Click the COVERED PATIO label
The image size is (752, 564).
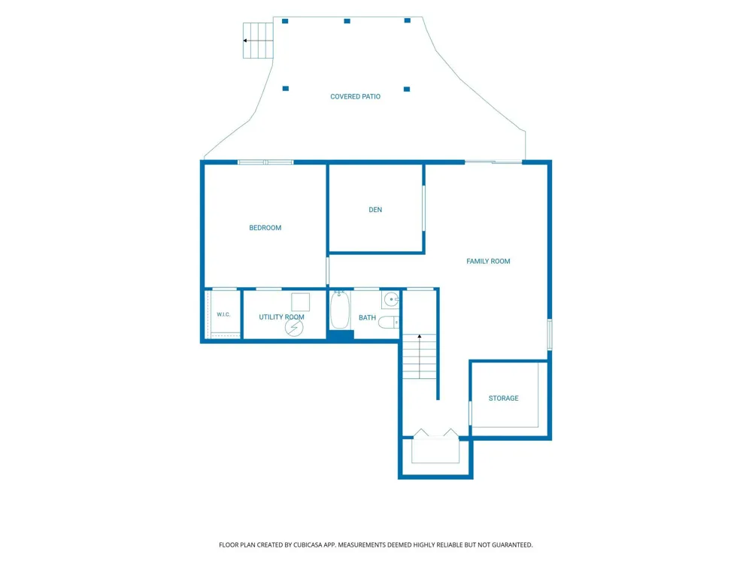pos(355,96)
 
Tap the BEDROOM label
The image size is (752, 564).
pos(265,228)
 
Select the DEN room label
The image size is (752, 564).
pos(375,210)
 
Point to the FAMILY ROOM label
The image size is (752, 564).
pos(488,262)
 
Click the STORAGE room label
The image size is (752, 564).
pos(504,398)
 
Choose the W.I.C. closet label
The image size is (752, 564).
pos(223,314)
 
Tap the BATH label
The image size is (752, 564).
pos(368,317)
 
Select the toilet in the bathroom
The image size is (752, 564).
pos(389,323)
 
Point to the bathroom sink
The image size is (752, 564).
pos(391,299)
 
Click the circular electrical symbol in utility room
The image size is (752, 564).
pos(294,328)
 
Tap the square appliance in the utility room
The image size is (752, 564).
pos(301,302)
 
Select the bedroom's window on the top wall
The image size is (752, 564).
pos(265,162)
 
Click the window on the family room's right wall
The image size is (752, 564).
pos(550,335)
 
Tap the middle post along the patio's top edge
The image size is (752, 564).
pos(347,21)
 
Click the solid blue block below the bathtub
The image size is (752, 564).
pos(341,335)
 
